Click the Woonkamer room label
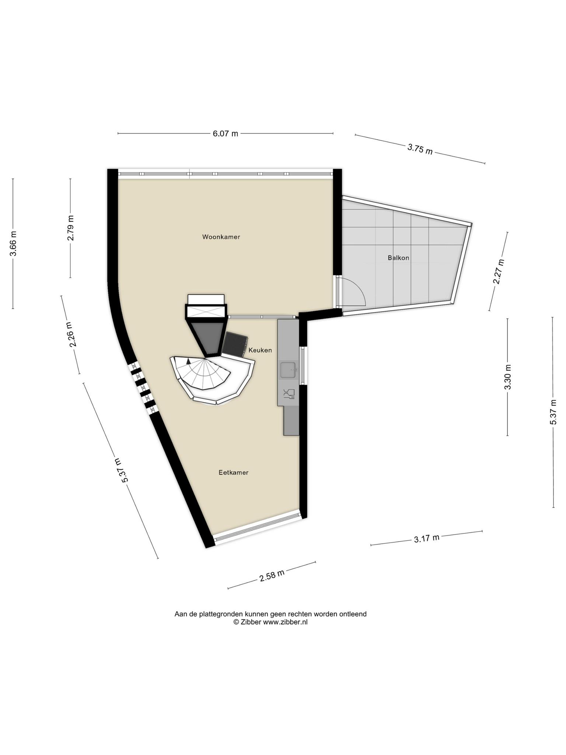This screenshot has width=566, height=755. click(x=221, y=237)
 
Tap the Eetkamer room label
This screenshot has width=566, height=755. click(x=233, y=473)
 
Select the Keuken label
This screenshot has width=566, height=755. click(x=260, y=350)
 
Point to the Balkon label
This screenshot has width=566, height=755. click(x=398, y=258)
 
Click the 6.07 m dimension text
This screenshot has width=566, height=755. click(x=226, y=133)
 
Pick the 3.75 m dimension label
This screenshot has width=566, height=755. click(x=420, y=149)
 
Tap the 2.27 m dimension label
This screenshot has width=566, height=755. click(x=499, y=272)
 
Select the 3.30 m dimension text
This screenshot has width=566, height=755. click(x=508, y=377)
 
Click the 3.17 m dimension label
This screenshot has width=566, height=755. click(x=427, y=539)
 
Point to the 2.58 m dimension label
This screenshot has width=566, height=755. click(x=272, y=575)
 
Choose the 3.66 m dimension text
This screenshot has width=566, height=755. click(x=13, y=244)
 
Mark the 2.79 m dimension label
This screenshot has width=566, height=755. click(x=71, y=228)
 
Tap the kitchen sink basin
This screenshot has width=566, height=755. click(x=288, y=370)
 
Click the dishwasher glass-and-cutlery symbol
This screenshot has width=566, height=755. click(x=289, y=394)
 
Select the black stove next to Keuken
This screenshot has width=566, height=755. click(x=234, y=344)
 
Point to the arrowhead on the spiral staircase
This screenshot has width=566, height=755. click(x=189, y=361)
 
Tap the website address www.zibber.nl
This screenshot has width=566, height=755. click(x=285, y=622)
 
